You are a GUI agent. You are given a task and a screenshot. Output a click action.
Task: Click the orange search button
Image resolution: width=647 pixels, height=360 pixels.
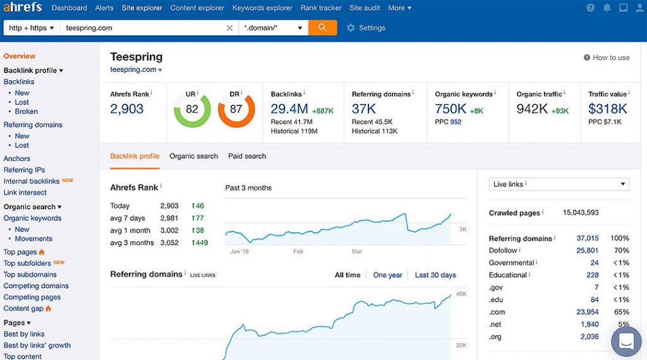(322, 28)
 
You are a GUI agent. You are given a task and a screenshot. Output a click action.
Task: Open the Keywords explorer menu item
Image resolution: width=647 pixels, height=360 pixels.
(262, 8)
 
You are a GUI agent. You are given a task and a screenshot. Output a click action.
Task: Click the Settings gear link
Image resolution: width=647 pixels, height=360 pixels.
(366, 28)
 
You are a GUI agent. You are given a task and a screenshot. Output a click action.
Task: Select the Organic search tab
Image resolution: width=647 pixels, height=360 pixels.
(193, 156)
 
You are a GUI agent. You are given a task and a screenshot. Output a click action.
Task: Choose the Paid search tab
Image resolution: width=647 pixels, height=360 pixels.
(247, 156)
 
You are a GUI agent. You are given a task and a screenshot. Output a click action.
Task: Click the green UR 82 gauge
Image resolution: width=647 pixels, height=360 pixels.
(192, 109)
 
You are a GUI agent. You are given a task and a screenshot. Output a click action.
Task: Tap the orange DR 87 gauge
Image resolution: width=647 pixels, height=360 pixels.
(236, 109)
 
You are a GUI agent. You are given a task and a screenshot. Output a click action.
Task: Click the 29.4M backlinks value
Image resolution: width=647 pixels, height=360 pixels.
(289, 109)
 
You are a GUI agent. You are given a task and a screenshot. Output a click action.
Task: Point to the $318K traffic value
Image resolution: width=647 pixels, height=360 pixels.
(607, 109)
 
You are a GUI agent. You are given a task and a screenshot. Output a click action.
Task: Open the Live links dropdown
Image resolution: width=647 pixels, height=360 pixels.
(559, 184)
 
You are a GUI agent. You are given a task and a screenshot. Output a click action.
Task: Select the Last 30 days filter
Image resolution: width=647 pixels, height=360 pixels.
(435, 275)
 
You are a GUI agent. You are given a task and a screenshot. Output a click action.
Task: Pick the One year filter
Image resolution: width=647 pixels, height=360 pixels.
(387, 275)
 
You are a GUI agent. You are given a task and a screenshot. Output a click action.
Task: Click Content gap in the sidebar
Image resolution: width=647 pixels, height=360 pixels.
(23, 308)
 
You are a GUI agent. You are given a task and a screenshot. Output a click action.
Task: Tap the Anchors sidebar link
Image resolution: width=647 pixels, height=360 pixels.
(17, 159)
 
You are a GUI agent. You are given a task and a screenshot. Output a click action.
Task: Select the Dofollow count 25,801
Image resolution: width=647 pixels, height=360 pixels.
(587, 250)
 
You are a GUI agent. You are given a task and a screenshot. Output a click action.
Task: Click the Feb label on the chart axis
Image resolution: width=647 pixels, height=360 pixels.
(298, 251)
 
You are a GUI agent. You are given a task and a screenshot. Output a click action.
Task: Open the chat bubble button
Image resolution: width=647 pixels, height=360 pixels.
(626, 342)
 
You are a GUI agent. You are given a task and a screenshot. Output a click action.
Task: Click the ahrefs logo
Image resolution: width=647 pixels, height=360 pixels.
(23, 8)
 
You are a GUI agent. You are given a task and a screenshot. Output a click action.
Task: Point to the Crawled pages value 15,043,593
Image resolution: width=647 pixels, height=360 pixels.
(581, 213)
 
